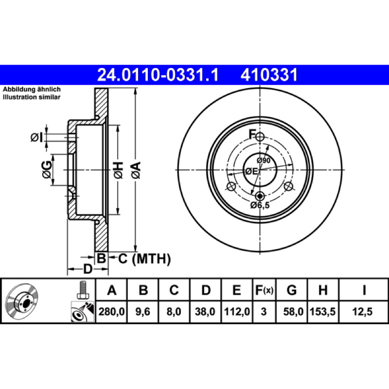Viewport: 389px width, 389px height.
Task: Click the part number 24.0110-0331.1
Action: click(x=158, y=75)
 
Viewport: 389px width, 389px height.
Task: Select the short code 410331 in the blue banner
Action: click(x=269, y=75)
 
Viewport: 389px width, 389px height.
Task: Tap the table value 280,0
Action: click(x=112, y=311)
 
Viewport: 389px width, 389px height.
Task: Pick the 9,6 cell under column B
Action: click(x=143, y=311)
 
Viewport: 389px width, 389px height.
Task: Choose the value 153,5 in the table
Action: click(x=323, y=311)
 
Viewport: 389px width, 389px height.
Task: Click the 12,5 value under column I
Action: click(x=362, y=311)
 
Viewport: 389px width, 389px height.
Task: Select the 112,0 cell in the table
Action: click(x=237, y=311)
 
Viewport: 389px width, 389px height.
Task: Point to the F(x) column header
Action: click(x=264, y=290)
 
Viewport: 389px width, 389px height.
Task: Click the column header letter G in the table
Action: click(x=292, y=290)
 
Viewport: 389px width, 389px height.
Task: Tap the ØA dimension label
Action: click(x=137, y=170)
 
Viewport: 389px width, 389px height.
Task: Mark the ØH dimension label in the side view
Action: click(x=119, y=170)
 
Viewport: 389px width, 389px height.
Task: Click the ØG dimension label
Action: click(x=47, y=170)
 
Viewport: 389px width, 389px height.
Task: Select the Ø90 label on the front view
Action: click(x=264, y=160)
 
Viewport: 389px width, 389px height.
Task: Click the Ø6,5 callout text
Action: click(x=260, y=205)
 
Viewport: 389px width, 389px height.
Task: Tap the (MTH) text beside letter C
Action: click(x=151, y=259)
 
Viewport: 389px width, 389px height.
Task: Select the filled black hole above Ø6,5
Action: click(x=260, y=196)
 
